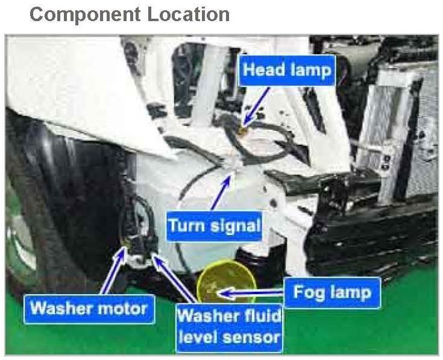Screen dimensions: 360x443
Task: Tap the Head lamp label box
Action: (x=287, y=71)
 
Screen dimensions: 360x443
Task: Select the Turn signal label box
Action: (x=214, y=226)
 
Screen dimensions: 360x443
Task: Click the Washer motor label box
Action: (x=89, y=309)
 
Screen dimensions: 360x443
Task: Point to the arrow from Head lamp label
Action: (x=256, y=106)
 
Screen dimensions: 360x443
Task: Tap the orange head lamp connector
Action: (x=243, y=128)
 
